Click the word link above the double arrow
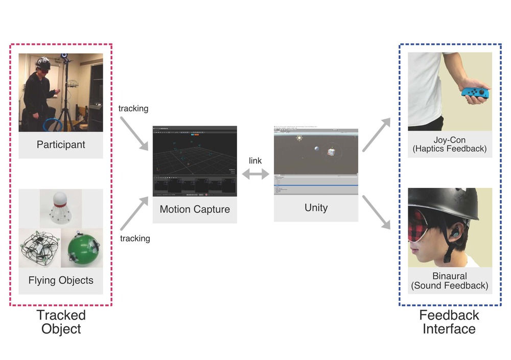point(255,161)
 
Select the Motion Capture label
point(195,209)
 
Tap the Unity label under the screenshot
point(316,207)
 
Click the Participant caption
point(61,145)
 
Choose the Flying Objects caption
point(61,280)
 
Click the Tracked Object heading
point(61,322)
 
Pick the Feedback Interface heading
point(449,322)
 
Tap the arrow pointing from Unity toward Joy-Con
point(376,134)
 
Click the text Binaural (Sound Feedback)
point(449,281)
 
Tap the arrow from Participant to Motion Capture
point(134,133)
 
